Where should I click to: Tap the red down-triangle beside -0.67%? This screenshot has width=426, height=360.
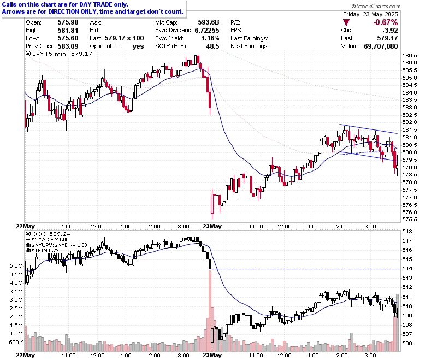[x=346, y=21]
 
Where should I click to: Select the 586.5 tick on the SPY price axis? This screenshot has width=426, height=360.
[x=410, y=56]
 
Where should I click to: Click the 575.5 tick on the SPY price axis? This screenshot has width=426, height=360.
[x=410, y=220]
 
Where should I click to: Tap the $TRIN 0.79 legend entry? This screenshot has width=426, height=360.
[x=46, y=251]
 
